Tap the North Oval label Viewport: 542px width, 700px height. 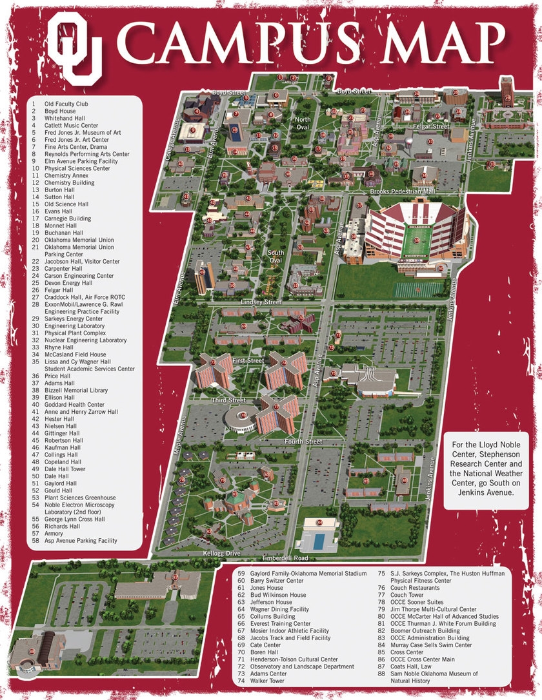coord(302,123)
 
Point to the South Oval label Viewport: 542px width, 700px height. coord(276,256)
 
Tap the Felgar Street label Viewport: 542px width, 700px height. coord(432,126)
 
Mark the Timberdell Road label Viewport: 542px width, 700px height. coord(285,558)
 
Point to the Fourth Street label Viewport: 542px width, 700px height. coord(304,442)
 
